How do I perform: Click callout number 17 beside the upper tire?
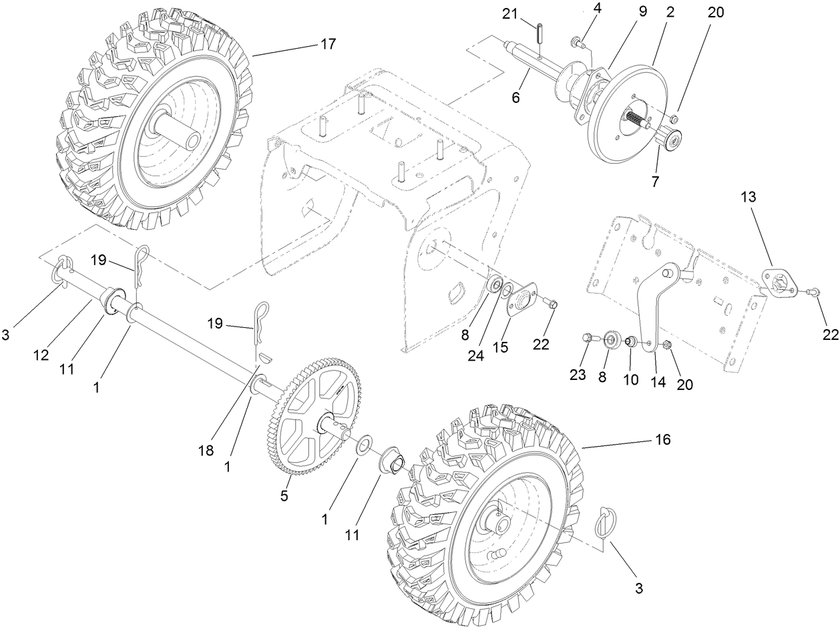click(328, 44)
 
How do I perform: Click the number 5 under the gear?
click(284, 497)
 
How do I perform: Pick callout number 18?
click(206, 450)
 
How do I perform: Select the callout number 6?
click(515, 97)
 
